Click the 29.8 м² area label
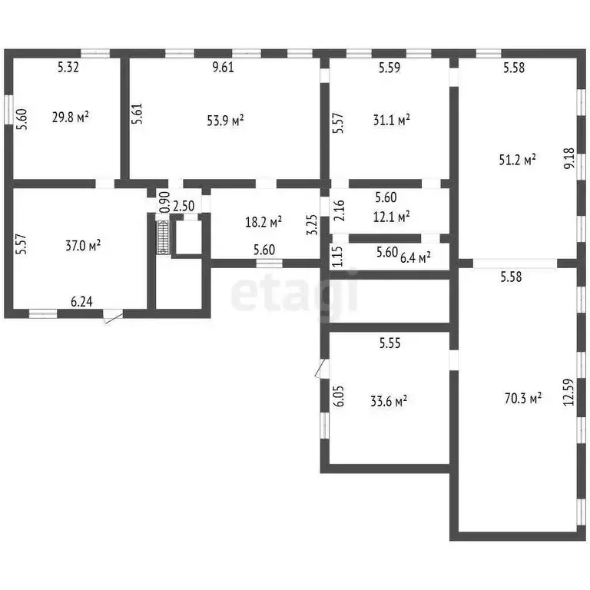(x=71, y=117)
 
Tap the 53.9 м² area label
(x=225, y=121)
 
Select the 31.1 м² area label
(x=391, y=120)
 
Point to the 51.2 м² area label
(x=517, y=160)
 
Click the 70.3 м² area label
(x=523, y=398)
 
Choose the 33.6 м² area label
(x=389, y=401)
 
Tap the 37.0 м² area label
(x=83, y=246)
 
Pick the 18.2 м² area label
(x=264, y=222)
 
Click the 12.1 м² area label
(x=391, y=217)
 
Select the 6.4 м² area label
(x=416, y=258)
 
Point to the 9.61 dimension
(x=223, y=67)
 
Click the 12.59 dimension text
(x=568, y=392)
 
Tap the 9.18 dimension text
(x=569, y=158)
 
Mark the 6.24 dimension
(x=81, y=301)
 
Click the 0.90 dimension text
(x=165, y=202)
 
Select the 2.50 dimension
(x=184, y=206)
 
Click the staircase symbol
(x=164, y=237)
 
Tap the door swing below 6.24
(x=113, y=316)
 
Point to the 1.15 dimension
(x=338, y=257)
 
